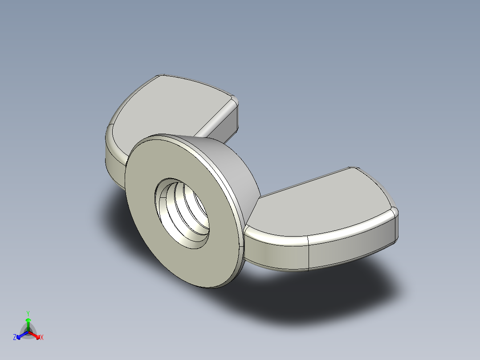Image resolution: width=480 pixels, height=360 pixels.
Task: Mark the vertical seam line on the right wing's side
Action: tap(309, 254)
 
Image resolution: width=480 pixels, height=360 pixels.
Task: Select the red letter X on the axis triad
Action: tap(41, 338)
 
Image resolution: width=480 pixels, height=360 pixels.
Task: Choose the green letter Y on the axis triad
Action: tap(28, 313)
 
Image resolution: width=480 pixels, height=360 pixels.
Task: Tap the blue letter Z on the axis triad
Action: tap(15, 338)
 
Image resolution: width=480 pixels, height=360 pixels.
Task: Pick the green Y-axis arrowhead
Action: tap(28, 320)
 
